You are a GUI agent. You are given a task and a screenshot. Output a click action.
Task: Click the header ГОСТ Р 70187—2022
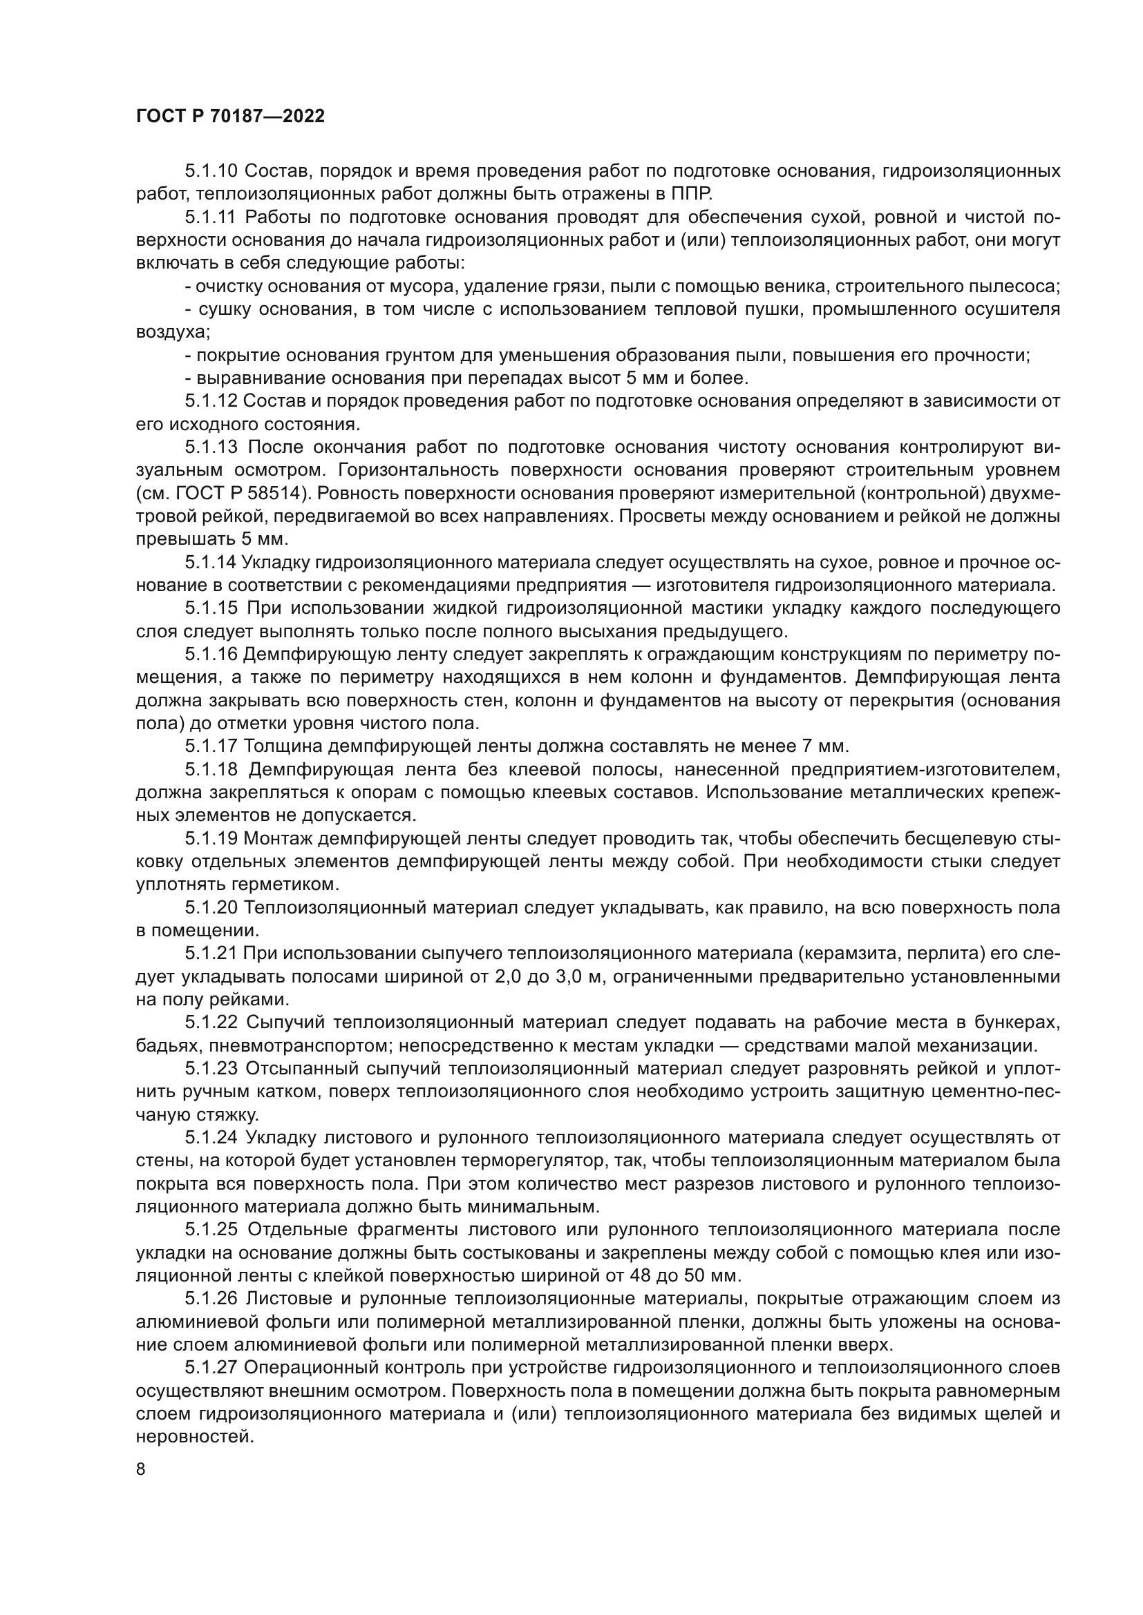click(x=230, y=117)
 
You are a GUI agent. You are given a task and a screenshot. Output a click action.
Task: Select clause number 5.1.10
click(x=212, y=171)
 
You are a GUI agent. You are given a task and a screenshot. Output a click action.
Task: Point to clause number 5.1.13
click(x=212, y=447)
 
